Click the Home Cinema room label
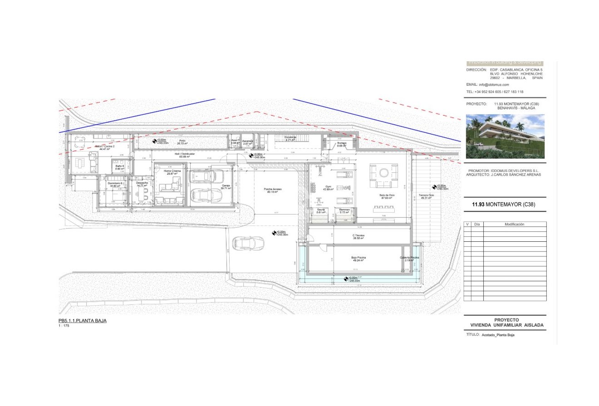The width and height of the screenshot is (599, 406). click(172, 172)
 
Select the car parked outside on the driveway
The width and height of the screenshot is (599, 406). click(248, 244)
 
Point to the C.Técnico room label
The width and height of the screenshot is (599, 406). click(358, 237)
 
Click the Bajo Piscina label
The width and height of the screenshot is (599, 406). click(358, 258)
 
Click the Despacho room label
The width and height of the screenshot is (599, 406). click(142, 184)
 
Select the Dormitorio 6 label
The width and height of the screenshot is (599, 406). click(115, 184)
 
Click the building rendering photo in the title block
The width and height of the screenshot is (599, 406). click(505, 136)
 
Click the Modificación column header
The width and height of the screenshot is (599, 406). click(514, 224)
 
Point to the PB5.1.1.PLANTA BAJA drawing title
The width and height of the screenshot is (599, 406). click(83, 321)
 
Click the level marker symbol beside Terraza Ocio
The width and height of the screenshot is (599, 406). click(434, 187)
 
